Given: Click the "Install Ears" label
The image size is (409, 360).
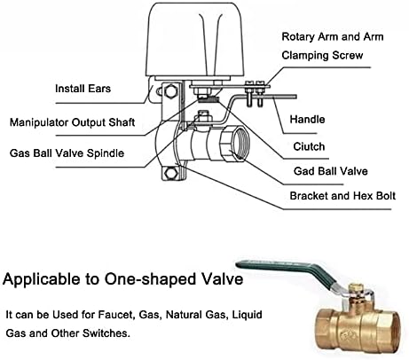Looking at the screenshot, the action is coord(83,89).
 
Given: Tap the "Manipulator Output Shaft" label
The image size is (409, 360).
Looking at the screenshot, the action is coord(72,122).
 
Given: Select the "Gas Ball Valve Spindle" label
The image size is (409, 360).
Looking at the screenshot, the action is coord(67,153).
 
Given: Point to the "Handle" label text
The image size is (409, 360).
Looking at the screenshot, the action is coord(307,119).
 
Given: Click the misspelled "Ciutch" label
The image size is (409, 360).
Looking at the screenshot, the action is coord(309,146).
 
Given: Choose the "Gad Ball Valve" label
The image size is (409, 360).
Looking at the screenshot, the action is coord(331,171).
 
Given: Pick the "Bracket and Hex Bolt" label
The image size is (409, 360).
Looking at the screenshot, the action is coord(342,196).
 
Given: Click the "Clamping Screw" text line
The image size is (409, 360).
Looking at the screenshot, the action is coord(322,55).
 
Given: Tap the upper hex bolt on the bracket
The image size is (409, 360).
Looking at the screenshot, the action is coord(170,90).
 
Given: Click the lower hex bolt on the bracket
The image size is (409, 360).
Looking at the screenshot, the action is coord(170,173).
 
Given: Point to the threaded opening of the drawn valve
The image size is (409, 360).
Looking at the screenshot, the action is coord(240,143).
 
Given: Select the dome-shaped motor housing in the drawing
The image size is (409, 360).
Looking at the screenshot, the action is coord(196,40).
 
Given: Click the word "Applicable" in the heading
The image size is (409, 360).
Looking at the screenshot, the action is coord(42,280).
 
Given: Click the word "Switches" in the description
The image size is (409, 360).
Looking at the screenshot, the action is coord(106,333).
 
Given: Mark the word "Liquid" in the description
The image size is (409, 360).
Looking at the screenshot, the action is coord(248,315).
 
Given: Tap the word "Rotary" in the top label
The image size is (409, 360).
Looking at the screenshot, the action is coord(298,36).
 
